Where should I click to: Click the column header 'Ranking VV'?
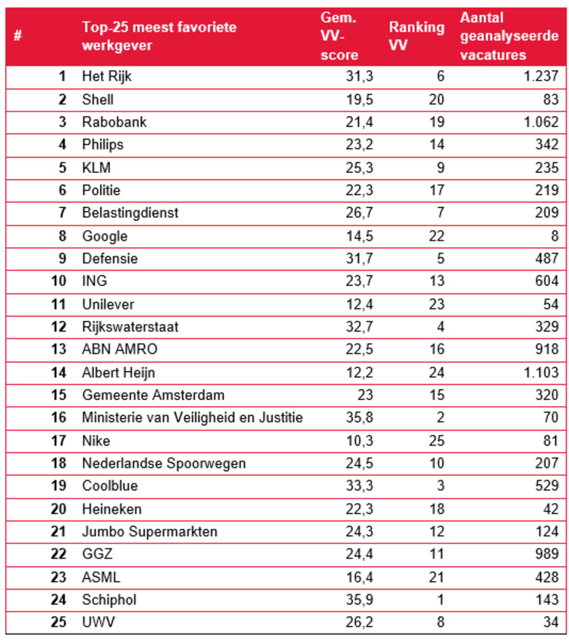pos(417,36)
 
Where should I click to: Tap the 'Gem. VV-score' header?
pos(339,36)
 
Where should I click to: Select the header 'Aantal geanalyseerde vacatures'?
pos(509,36)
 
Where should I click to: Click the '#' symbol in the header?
pos(17,36)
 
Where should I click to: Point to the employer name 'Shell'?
pos(98,99)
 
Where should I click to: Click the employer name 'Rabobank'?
pos(115,122)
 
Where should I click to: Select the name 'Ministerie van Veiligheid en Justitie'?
pos(193,417)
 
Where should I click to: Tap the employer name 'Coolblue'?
pos(110,486)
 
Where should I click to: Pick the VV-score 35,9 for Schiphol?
pos(360,600)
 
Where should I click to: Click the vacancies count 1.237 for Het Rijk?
pos(541,76)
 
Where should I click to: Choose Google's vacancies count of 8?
pos(555,236)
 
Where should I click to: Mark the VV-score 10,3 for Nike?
pos(360,441)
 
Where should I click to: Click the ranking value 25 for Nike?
pos(436,441)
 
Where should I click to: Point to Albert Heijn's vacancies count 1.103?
pos(541,373)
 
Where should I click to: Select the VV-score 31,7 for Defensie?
pos(360,258)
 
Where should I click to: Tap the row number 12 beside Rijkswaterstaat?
pos(58,327)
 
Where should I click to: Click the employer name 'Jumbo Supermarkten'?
pos(149,531)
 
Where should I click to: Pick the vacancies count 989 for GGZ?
pos(547,554)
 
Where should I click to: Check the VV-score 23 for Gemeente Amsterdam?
pos(365,395)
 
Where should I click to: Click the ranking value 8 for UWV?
pos(441,622)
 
